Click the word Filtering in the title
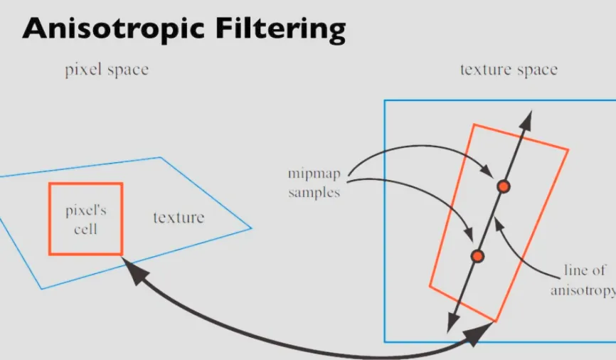tap(285, 29)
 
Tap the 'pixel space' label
tap(107, 70)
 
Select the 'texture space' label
tap(509, 70)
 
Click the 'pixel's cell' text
tap(85, 220)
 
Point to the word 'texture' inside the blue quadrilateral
tap(179, 218)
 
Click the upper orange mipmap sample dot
tap(504, 186)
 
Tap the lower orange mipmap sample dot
tap(478, 255)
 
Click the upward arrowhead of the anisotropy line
tap(526, 117)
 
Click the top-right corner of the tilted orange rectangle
tap(568, 149)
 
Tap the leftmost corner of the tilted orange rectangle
tap(430, 286)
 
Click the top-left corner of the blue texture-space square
tap(385, 100)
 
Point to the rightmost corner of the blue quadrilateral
tap(252, 228)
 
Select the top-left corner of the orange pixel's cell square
tap(50, 184)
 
